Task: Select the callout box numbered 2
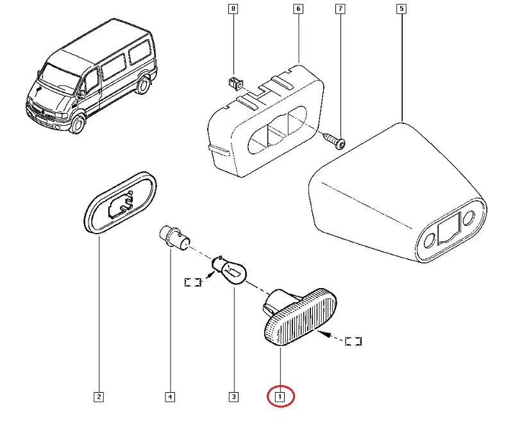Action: (99, 397)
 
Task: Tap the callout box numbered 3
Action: (233, 397)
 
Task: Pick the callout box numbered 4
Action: (169, 397)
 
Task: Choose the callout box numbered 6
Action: (298, 9)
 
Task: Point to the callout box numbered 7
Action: (340, 9)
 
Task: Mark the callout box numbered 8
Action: (233, 9)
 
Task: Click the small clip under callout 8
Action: (235, 82)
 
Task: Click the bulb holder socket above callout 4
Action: (172, 237)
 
